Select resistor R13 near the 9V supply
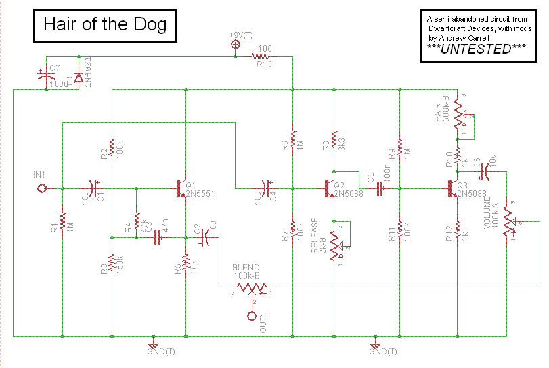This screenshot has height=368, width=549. [263, 56]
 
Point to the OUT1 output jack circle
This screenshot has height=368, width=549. [252, 315]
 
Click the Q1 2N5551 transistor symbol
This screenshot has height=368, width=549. [181, 188]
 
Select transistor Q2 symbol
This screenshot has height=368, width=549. [330, 188]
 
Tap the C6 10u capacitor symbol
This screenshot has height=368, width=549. [483, 171]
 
